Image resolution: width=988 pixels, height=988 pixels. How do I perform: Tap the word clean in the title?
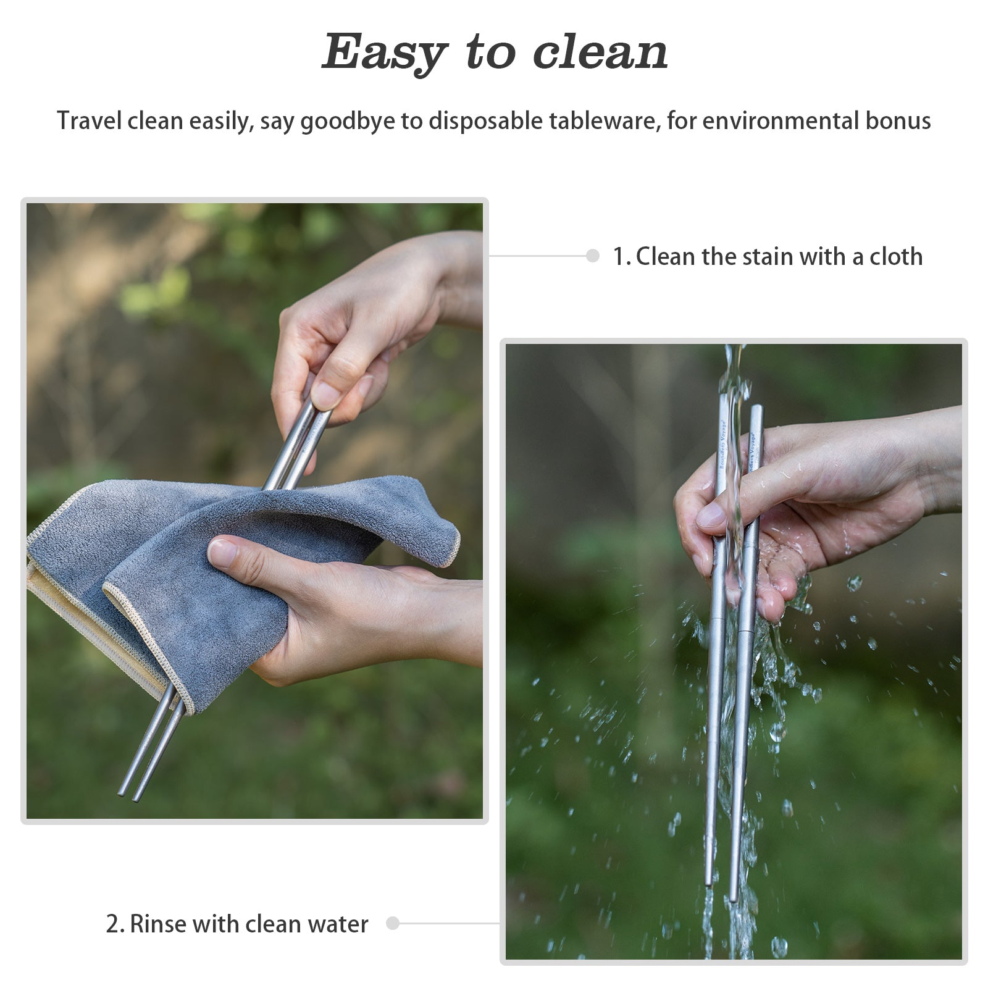[600, 52]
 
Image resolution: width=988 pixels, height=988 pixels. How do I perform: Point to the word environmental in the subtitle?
[781, 120]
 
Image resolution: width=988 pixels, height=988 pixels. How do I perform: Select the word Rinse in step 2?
[158, 924]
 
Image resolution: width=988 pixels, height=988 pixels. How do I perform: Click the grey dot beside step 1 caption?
[593, 256]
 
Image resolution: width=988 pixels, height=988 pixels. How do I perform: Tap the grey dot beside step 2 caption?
[393, 923]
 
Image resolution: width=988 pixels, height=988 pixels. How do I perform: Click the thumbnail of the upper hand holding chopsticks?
[325, 395]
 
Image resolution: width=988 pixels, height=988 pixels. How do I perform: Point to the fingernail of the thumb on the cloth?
[222, 553]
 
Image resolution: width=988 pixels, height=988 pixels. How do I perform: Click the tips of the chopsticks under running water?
[721, 892]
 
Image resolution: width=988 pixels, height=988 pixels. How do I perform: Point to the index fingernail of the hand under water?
[710, 514]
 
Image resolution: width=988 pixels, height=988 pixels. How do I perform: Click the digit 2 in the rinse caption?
[112, 924]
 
